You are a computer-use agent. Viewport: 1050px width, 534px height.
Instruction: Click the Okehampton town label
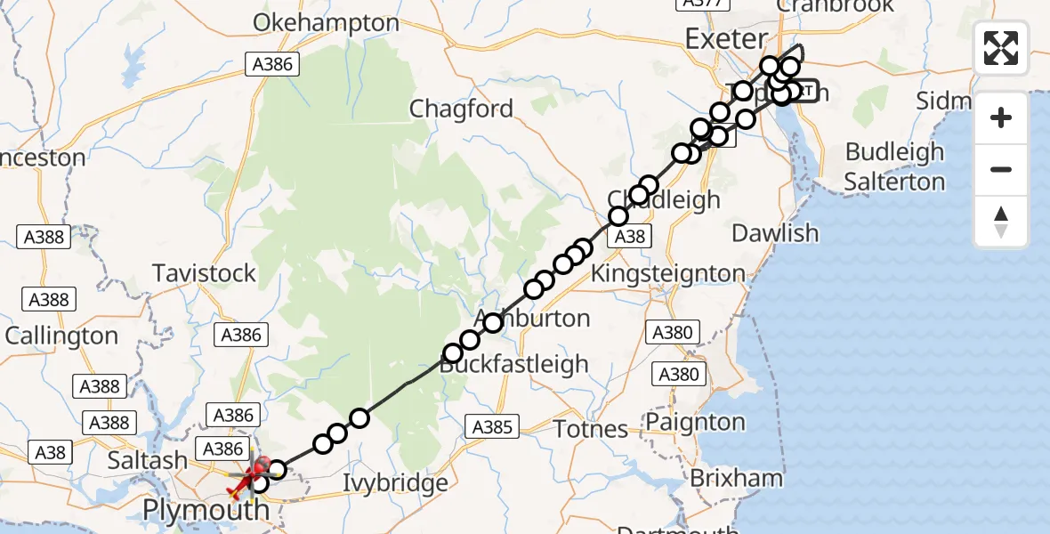326,23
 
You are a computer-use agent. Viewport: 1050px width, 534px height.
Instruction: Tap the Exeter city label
726,39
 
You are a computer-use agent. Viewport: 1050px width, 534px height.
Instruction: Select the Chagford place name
461,109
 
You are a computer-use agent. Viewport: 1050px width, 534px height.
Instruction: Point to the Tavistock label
205,272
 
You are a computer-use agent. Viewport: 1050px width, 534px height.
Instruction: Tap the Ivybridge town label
396,483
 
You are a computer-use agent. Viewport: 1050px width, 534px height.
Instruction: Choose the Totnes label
591,429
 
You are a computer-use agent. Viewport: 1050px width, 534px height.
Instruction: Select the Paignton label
696,421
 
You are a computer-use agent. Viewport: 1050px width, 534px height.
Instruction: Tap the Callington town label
61,336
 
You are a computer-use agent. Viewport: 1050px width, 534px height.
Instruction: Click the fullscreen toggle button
1001,48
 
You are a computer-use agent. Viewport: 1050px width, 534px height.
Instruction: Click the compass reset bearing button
1001,222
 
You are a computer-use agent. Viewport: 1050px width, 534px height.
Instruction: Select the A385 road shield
492,428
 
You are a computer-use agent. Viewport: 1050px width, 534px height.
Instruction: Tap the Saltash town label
148,461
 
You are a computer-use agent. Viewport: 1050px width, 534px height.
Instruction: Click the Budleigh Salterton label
894,166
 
